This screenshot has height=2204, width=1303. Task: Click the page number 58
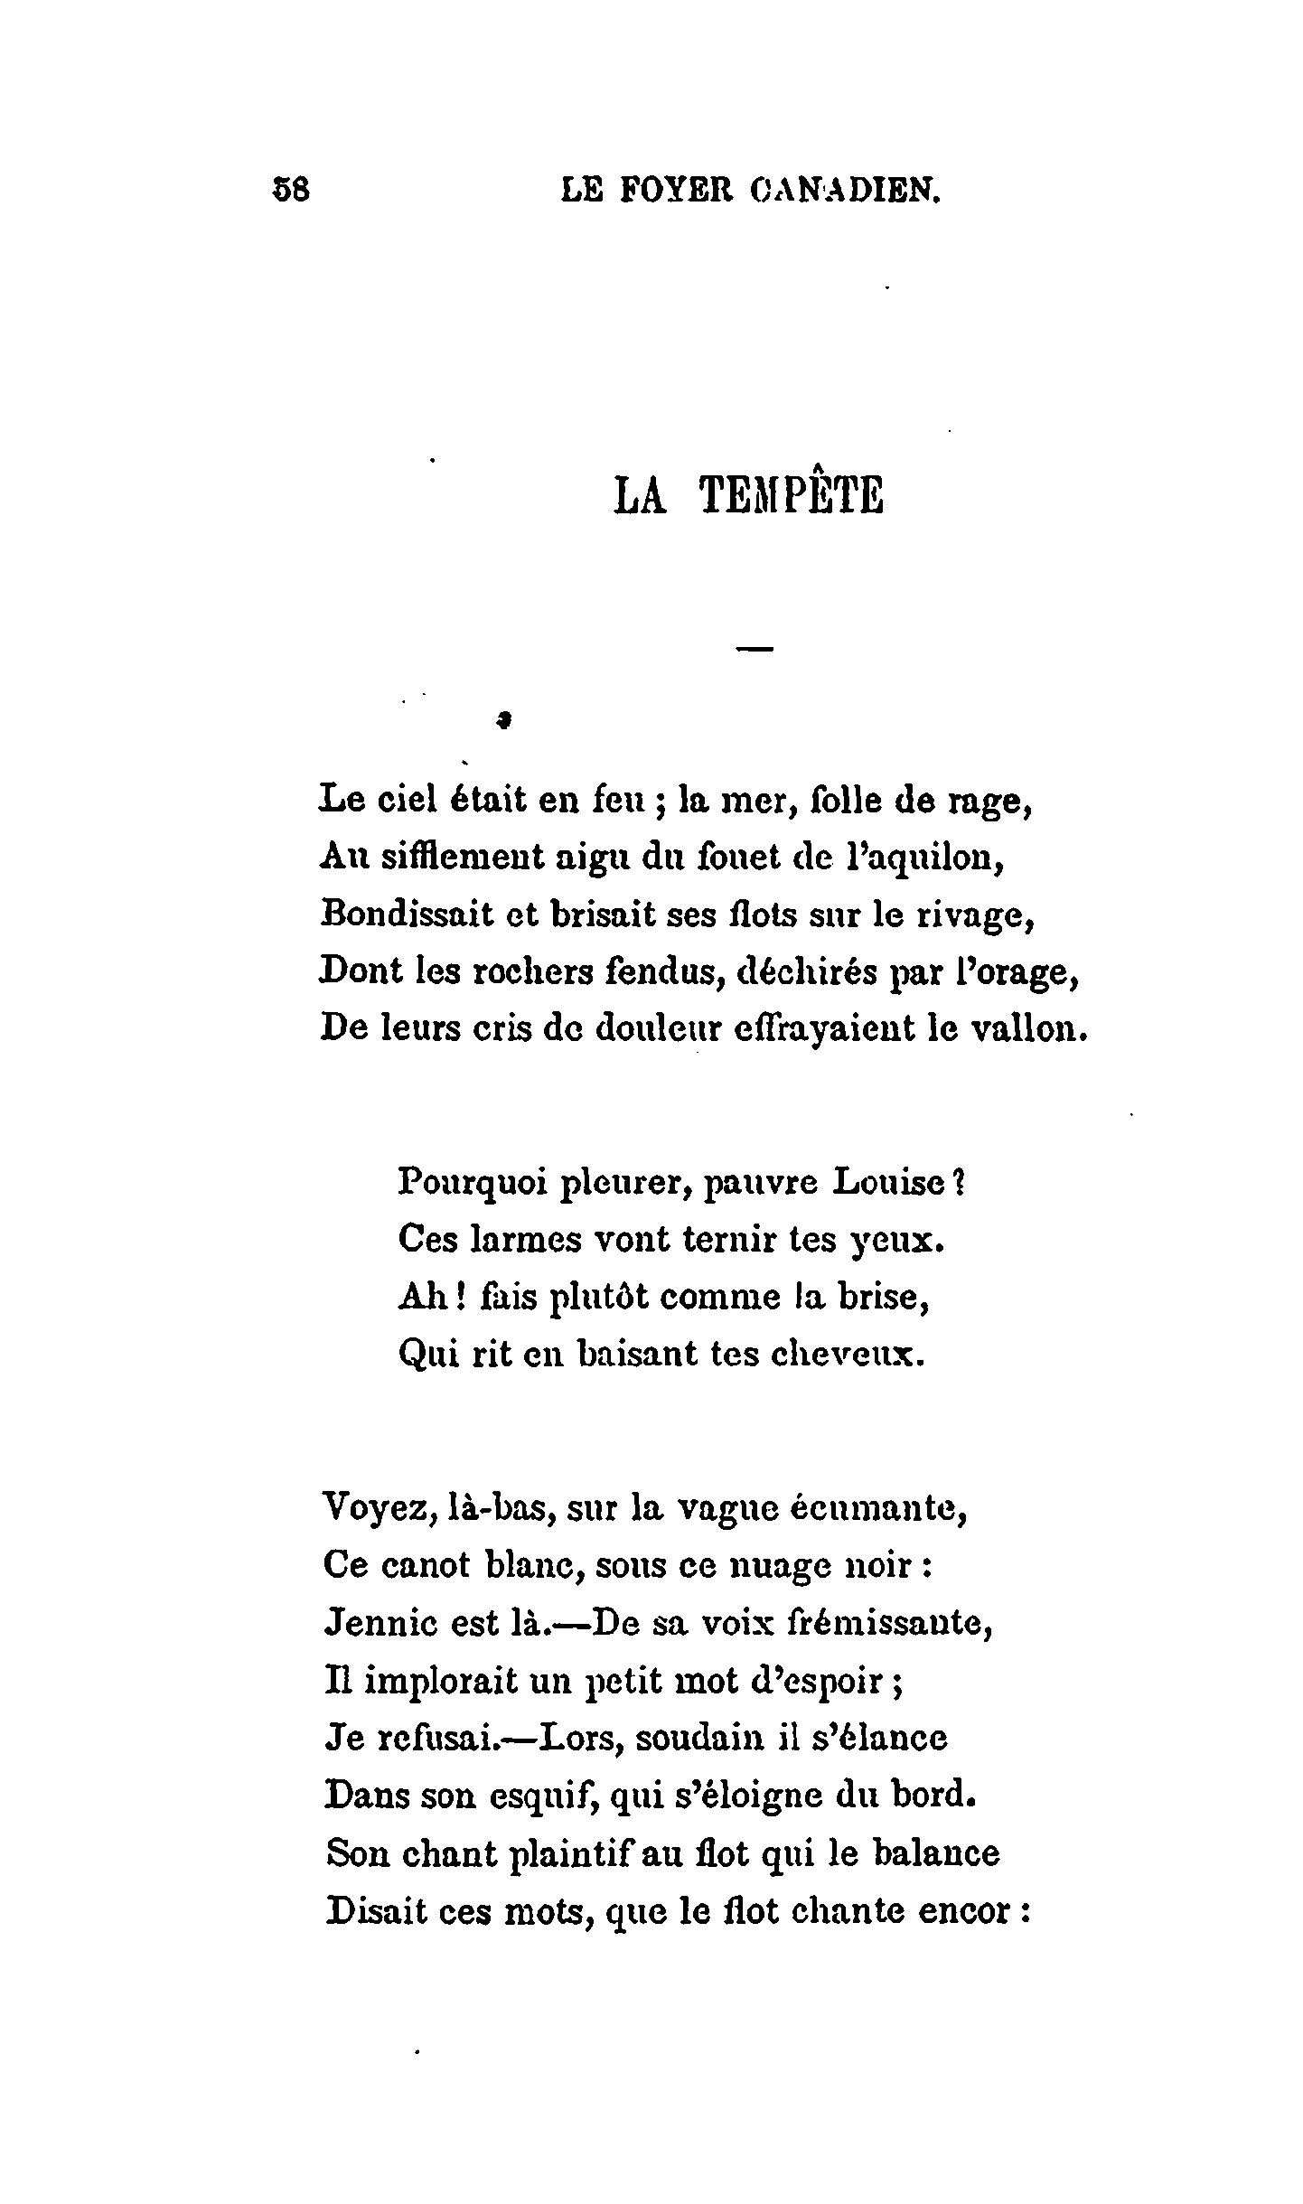[291, 190]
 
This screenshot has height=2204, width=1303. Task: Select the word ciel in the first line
[423, 800]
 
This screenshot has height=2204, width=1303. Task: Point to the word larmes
[524, 1240]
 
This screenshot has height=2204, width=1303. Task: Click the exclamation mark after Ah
[459, 1297]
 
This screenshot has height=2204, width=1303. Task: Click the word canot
[427, 1564]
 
